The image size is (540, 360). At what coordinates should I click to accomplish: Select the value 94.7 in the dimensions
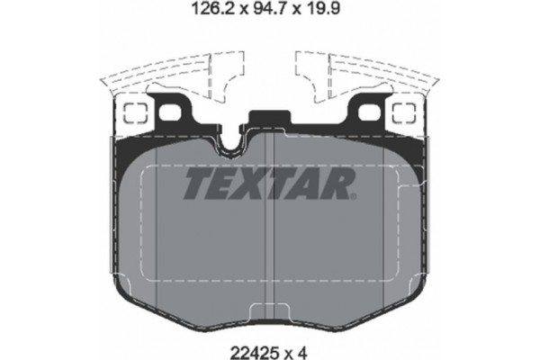[x=269, y=13]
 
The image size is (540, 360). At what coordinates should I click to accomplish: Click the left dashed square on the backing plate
[x=135, y=114]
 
